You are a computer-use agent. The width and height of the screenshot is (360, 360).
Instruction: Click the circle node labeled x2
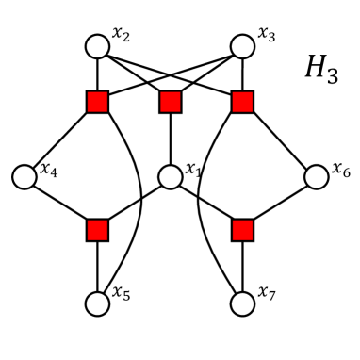pyautogui.click(x=97, y=45)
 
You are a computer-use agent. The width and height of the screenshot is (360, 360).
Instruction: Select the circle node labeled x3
pyautogui.click(x=242, y=45)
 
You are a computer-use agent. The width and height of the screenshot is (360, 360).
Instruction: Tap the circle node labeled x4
pyautogui.click(x=25, y=175)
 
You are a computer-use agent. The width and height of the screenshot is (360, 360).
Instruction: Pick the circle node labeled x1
pyautogui.click(x=170, y=175)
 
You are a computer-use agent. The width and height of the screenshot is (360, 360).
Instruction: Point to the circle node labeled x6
pyautogui.click(x=315, y=175)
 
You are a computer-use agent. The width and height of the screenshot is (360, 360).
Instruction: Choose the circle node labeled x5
pyautogui.click(x=97, y=303)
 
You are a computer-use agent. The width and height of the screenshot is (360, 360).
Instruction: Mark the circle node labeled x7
pyautogui.click(x=242, y=303)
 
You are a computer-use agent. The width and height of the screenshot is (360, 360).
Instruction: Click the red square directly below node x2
pyautogui.click(x=97, y=102)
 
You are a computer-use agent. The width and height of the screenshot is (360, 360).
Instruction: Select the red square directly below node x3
pyautogui.click(x=242, y=102)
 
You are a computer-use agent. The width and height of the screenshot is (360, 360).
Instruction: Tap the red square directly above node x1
pyautogui.click(x=170, y=102)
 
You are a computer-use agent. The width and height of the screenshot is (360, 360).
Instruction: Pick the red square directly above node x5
pyautogui.click(x=97, y=230)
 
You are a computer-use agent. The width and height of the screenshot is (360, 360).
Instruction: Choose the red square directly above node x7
pyautogui.click(x=242, y=230)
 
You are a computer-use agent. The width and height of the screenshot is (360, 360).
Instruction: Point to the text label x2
pyautogui.click(x=121, y=34)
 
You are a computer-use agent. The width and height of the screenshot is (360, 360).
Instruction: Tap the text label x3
pyautogui.click(x=266, y=34)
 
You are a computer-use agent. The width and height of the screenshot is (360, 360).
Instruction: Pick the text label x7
pyautogui.click(x=268, y=294)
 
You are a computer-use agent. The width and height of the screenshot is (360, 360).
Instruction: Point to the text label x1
pyautogui.click(x=194, y=170)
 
